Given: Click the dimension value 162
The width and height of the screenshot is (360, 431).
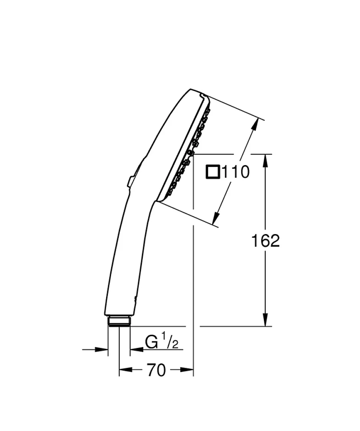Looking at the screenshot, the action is point(265,241).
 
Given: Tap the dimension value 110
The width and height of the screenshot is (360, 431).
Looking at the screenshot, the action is point(235,172).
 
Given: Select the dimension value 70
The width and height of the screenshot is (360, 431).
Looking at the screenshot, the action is point(156,370).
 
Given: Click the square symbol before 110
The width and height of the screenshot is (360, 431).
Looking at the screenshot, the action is point(213,172).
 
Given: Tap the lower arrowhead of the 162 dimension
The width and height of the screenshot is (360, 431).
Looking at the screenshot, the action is point(265,320).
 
